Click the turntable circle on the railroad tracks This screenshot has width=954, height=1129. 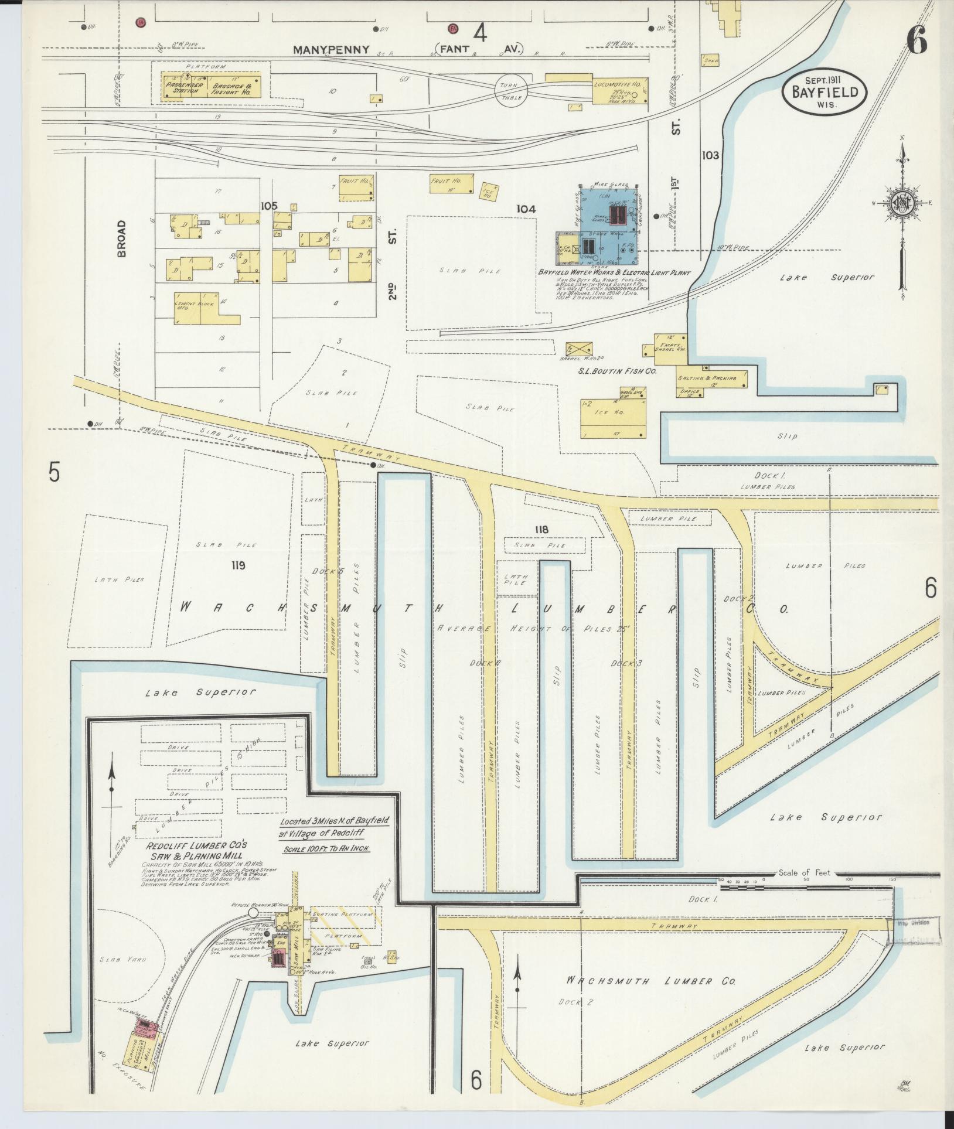pyautogui.click(x=511, y=90)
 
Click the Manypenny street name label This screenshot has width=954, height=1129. pyautogui.click(x=332, y=50)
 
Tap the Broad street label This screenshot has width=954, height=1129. pyautogui.click(x=122, y=238)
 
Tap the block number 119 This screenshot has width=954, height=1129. pyautogui.click(x=237, y=565)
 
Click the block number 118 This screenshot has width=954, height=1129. pyautogui.click(x=541, y=530)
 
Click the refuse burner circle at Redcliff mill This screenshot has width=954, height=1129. pyautogui.click(x=253, y=929)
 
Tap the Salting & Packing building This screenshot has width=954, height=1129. pyautogui.click(x=711, y=378)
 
